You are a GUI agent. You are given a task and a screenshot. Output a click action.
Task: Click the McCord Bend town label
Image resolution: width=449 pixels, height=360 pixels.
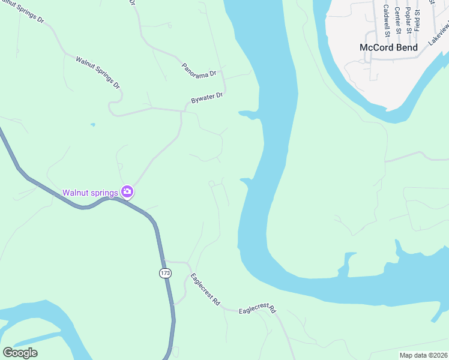coord(388,47)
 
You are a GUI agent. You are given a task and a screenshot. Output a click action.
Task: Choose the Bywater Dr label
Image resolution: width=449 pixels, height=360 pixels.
coord(206,98)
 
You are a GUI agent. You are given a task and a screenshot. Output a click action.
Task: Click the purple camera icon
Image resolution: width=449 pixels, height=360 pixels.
coord(127,192)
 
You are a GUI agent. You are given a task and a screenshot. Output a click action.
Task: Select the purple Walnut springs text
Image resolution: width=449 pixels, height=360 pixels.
coord(90,193)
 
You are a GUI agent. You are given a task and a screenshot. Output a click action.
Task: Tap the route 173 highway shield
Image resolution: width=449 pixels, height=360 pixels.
coord(166,273)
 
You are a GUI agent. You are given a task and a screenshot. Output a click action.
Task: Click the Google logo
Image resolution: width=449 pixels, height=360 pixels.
coord(20,352)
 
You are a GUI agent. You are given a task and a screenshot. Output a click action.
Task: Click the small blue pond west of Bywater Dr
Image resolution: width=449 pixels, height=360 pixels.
coord(92,125)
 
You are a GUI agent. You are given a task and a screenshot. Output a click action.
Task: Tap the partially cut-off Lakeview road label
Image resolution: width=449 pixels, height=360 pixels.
coord(438,37)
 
